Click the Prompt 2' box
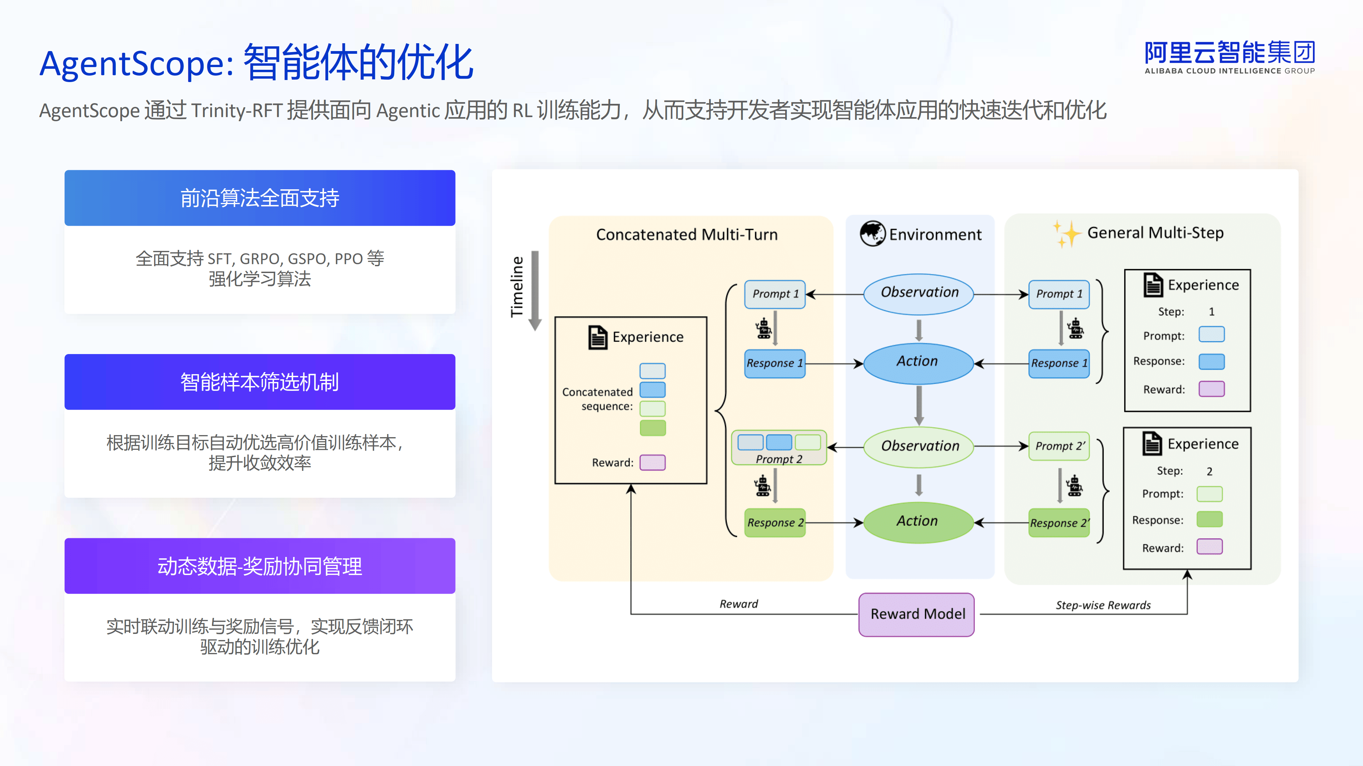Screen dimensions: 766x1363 pyautogui.click(x=1059, y=446)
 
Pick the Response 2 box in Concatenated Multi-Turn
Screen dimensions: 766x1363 pyautogui.click(x=775, y=523)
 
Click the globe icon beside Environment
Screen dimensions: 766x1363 pyautogui.click(x=872, y=234)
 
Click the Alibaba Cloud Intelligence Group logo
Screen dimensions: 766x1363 pyautogui.click(x=1229, y=57)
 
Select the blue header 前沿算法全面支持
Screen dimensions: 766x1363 pyautogui.click(x=260, y=198)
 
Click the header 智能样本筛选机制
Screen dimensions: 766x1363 pyautogui.click(x=260, y=382)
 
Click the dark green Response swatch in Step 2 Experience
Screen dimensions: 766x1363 pyautogui.click(x=1210, y=519)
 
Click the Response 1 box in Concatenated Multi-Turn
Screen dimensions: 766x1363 pyautogui.click(x=775, y=364)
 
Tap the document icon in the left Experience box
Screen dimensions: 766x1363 pyautogui.click(x=597, y=337)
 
